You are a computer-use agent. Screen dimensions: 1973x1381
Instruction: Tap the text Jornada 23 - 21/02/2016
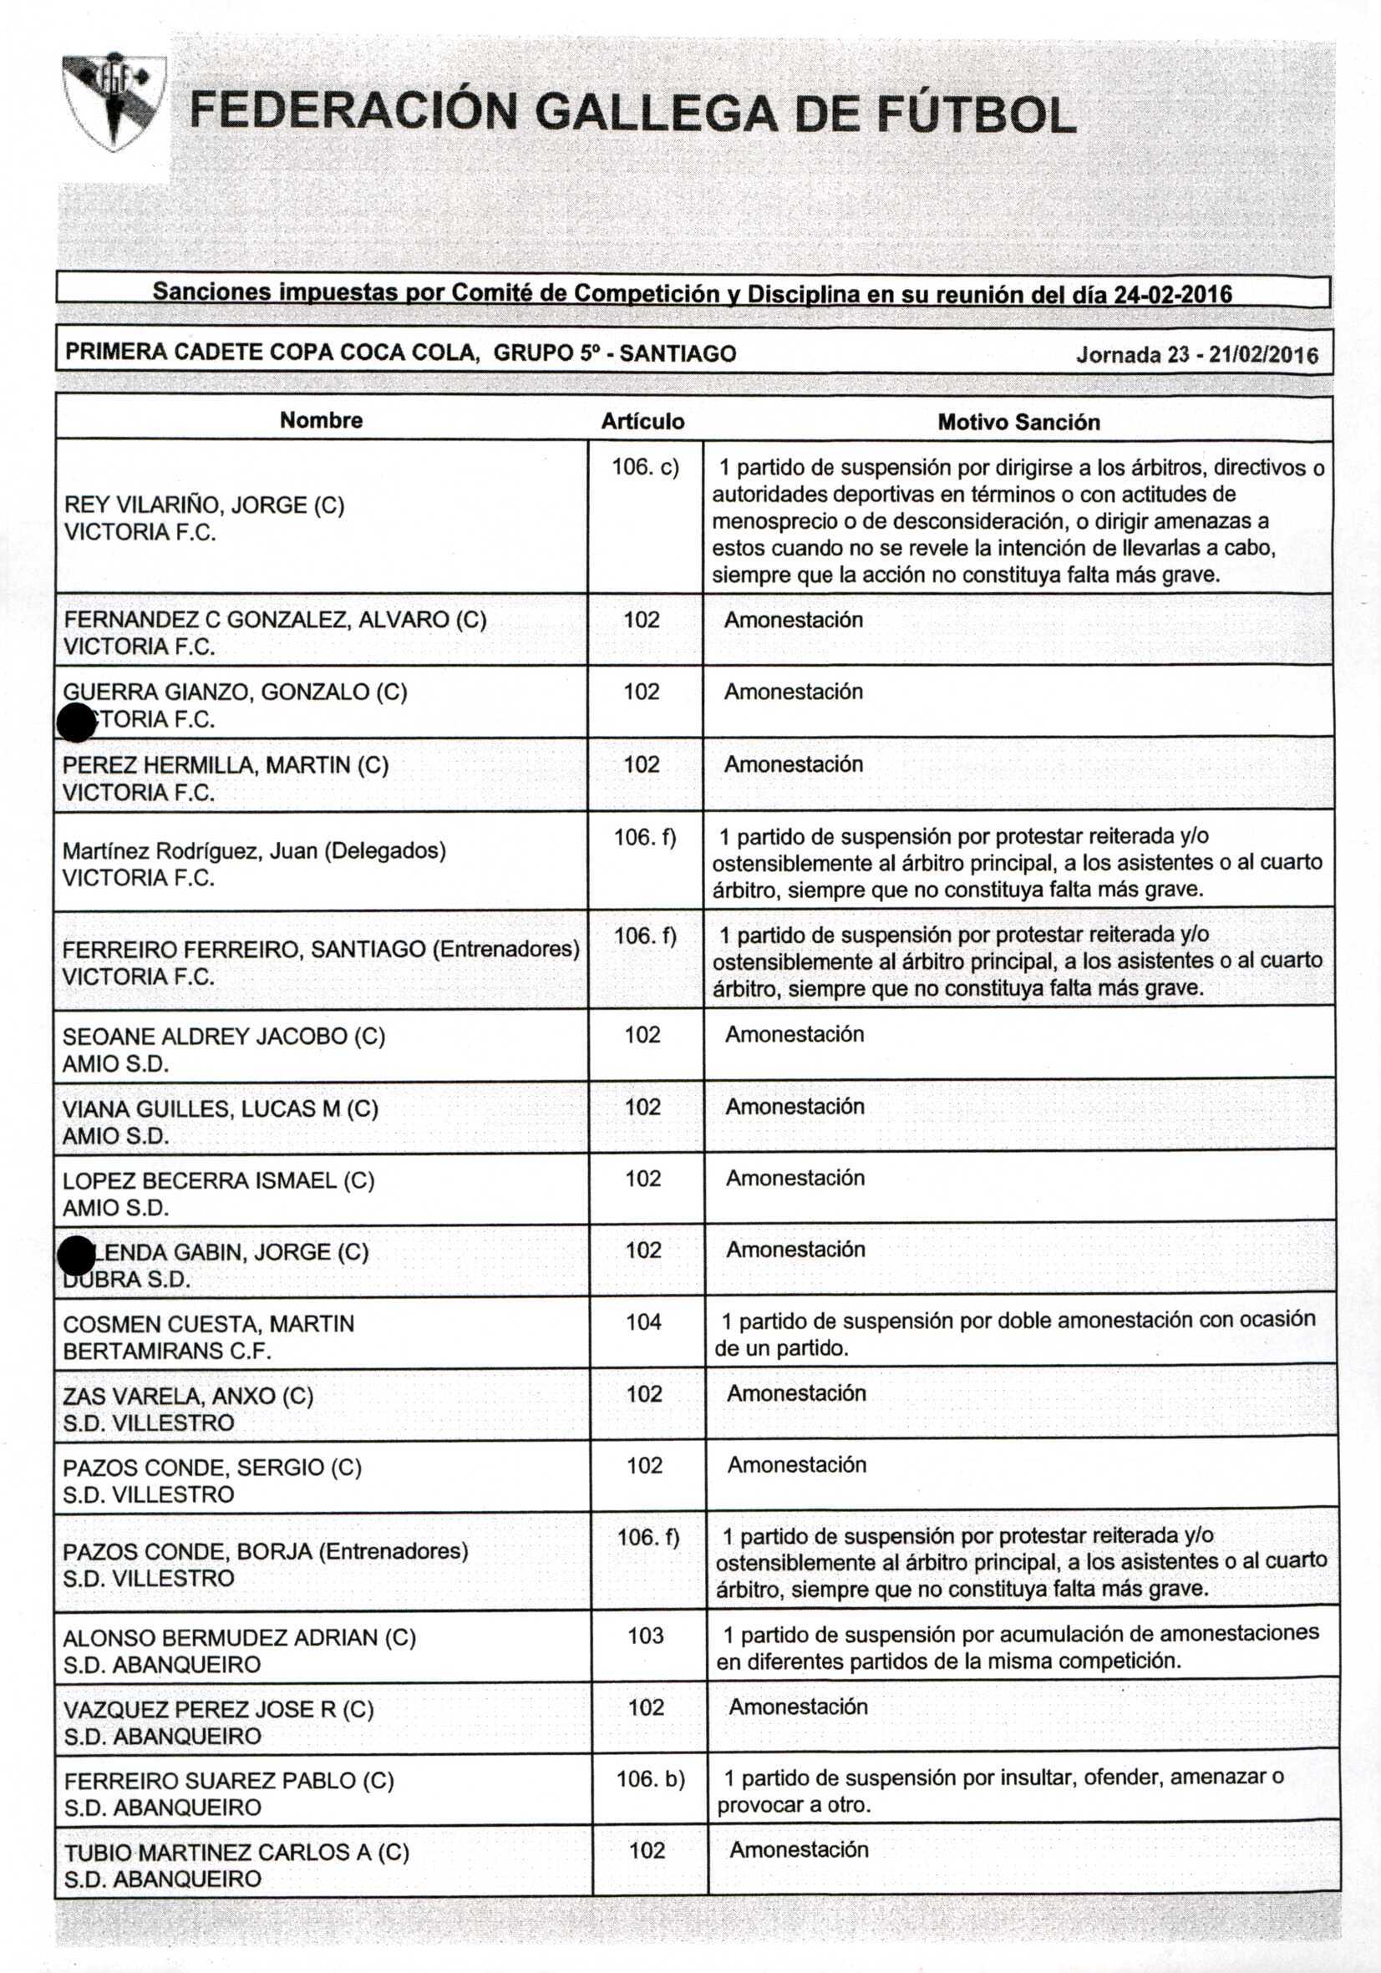(x=1196, y=355)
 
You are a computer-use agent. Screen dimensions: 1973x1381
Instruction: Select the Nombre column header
(x=322, y=420)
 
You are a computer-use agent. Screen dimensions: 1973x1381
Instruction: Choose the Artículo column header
(x=642, y=421)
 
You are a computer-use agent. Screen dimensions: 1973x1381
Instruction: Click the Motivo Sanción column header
(x=1018, y=422)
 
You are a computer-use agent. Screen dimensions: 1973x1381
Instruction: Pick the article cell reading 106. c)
(x=644, y=468)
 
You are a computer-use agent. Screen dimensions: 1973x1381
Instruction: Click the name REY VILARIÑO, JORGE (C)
(x=205, y=505)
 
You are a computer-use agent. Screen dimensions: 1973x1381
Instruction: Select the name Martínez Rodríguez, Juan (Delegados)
(x=254, y=850)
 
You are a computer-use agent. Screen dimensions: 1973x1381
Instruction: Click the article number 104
(x=643, y=1322)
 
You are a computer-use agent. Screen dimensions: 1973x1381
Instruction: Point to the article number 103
(x=645, y=1636)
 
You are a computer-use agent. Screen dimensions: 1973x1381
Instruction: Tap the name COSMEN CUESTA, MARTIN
(x=209, y=1323)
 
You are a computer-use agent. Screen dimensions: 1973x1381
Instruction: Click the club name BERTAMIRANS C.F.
(x=168, y=1351)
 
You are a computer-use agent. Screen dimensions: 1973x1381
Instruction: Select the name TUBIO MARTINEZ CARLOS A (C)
(x=237, y=1852)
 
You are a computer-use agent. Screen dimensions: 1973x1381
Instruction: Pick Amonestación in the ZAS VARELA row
(x=797, y=1393)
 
